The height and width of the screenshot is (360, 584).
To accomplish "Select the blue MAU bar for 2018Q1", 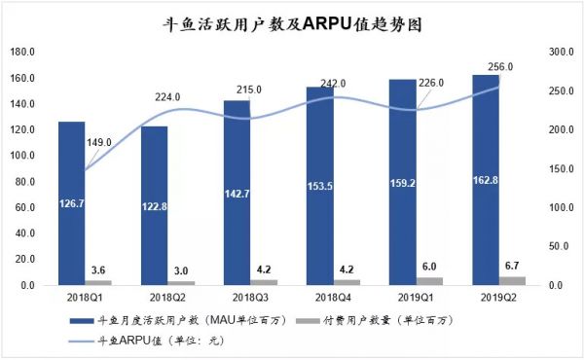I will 71,203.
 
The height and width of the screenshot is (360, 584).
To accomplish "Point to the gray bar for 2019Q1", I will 430,281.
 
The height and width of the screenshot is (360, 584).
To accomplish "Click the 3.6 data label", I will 98,270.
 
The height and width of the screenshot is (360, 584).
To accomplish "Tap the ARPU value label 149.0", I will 100,142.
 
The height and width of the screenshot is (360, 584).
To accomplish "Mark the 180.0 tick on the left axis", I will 22,52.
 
